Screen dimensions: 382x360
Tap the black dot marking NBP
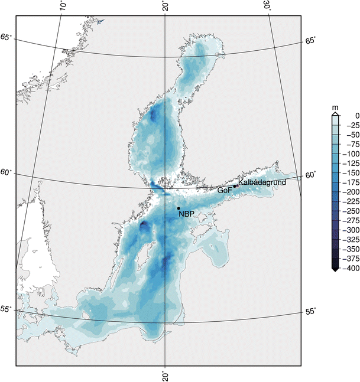(179, 208)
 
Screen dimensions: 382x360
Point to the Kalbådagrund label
(262, 182)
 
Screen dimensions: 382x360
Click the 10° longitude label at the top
(63, 6)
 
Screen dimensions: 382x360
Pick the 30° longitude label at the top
(268, 6)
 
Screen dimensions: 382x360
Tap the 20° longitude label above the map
(166, 6)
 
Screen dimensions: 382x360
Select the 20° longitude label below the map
(166, 376)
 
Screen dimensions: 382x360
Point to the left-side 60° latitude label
(6, 172)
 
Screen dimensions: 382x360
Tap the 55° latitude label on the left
(6, 309)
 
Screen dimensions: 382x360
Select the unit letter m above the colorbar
(335, 107)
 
